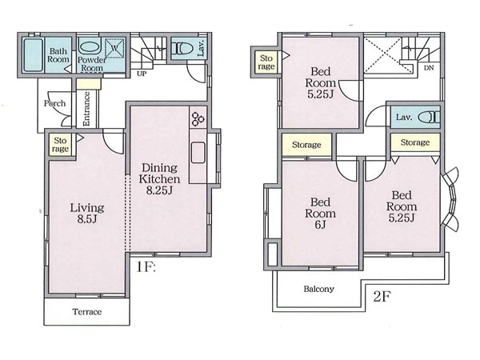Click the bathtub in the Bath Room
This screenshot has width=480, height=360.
coord(33,55)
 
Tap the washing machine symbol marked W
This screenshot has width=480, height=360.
coord(114,48)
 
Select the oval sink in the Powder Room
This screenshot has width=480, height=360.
coord(90,47)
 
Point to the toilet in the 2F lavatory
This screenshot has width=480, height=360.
coord(429,118)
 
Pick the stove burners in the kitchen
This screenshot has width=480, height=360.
coord(198,118)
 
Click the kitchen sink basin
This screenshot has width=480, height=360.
coord(198,153)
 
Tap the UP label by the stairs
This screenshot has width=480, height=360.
coord(142,74)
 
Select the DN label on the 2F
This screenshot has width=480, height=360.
coord(429,68)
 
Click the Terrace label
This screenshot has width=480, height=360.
coord(87,312)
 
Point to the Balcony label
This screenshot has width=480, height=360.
coord(318,289)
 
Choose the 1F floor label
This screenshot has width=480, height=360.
coord(146,267)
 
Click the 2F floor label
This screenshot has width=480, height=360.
coord(382,296)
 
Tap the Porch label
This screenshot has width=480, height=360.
coord(54,103)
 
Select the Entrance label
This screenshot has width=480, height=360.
coord(86,109)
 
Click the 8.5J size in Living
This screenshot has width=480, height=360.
coord(87,219)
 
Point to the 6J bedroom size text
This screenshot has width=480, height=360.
coord(320,225)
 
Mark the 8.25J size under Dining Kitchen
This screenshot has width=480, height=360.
coord(159,190)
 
